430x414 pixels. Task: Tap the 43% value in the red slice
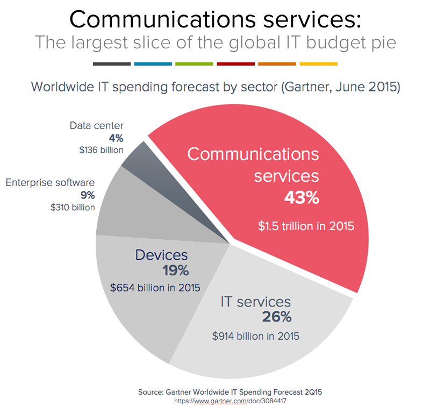[x=302, y=198]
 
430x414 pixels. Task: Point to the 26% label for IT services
[x=277, y=317]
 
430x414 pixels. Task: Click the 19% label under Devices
[x=175, y=270]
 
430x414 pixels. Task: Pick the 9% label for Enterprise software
[x=88, y=195]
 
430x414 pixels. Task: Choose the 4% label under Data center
[x=116, y=138]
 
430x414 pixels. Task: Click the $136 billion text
[x=101, y=150]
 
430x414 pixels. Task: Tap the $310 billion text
[x=73, y=207]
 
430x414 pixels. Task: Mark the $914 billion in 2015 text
[x=255, y=336]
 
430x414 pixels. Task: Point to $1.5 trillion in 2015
[x=306, y=226]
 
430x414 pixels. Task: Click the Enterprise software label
[x=50, y=183]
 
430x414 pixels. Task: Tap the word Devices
[x=162, y=255]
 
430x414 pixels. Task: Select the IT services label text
[x=256, y=302]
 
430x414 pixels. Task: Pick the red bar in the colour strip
[x=236, y=64]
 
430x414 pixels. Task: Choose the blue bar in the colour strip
[x=153, y=64]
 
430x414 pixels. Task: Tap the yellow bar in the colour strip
[x=318, y=64]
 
